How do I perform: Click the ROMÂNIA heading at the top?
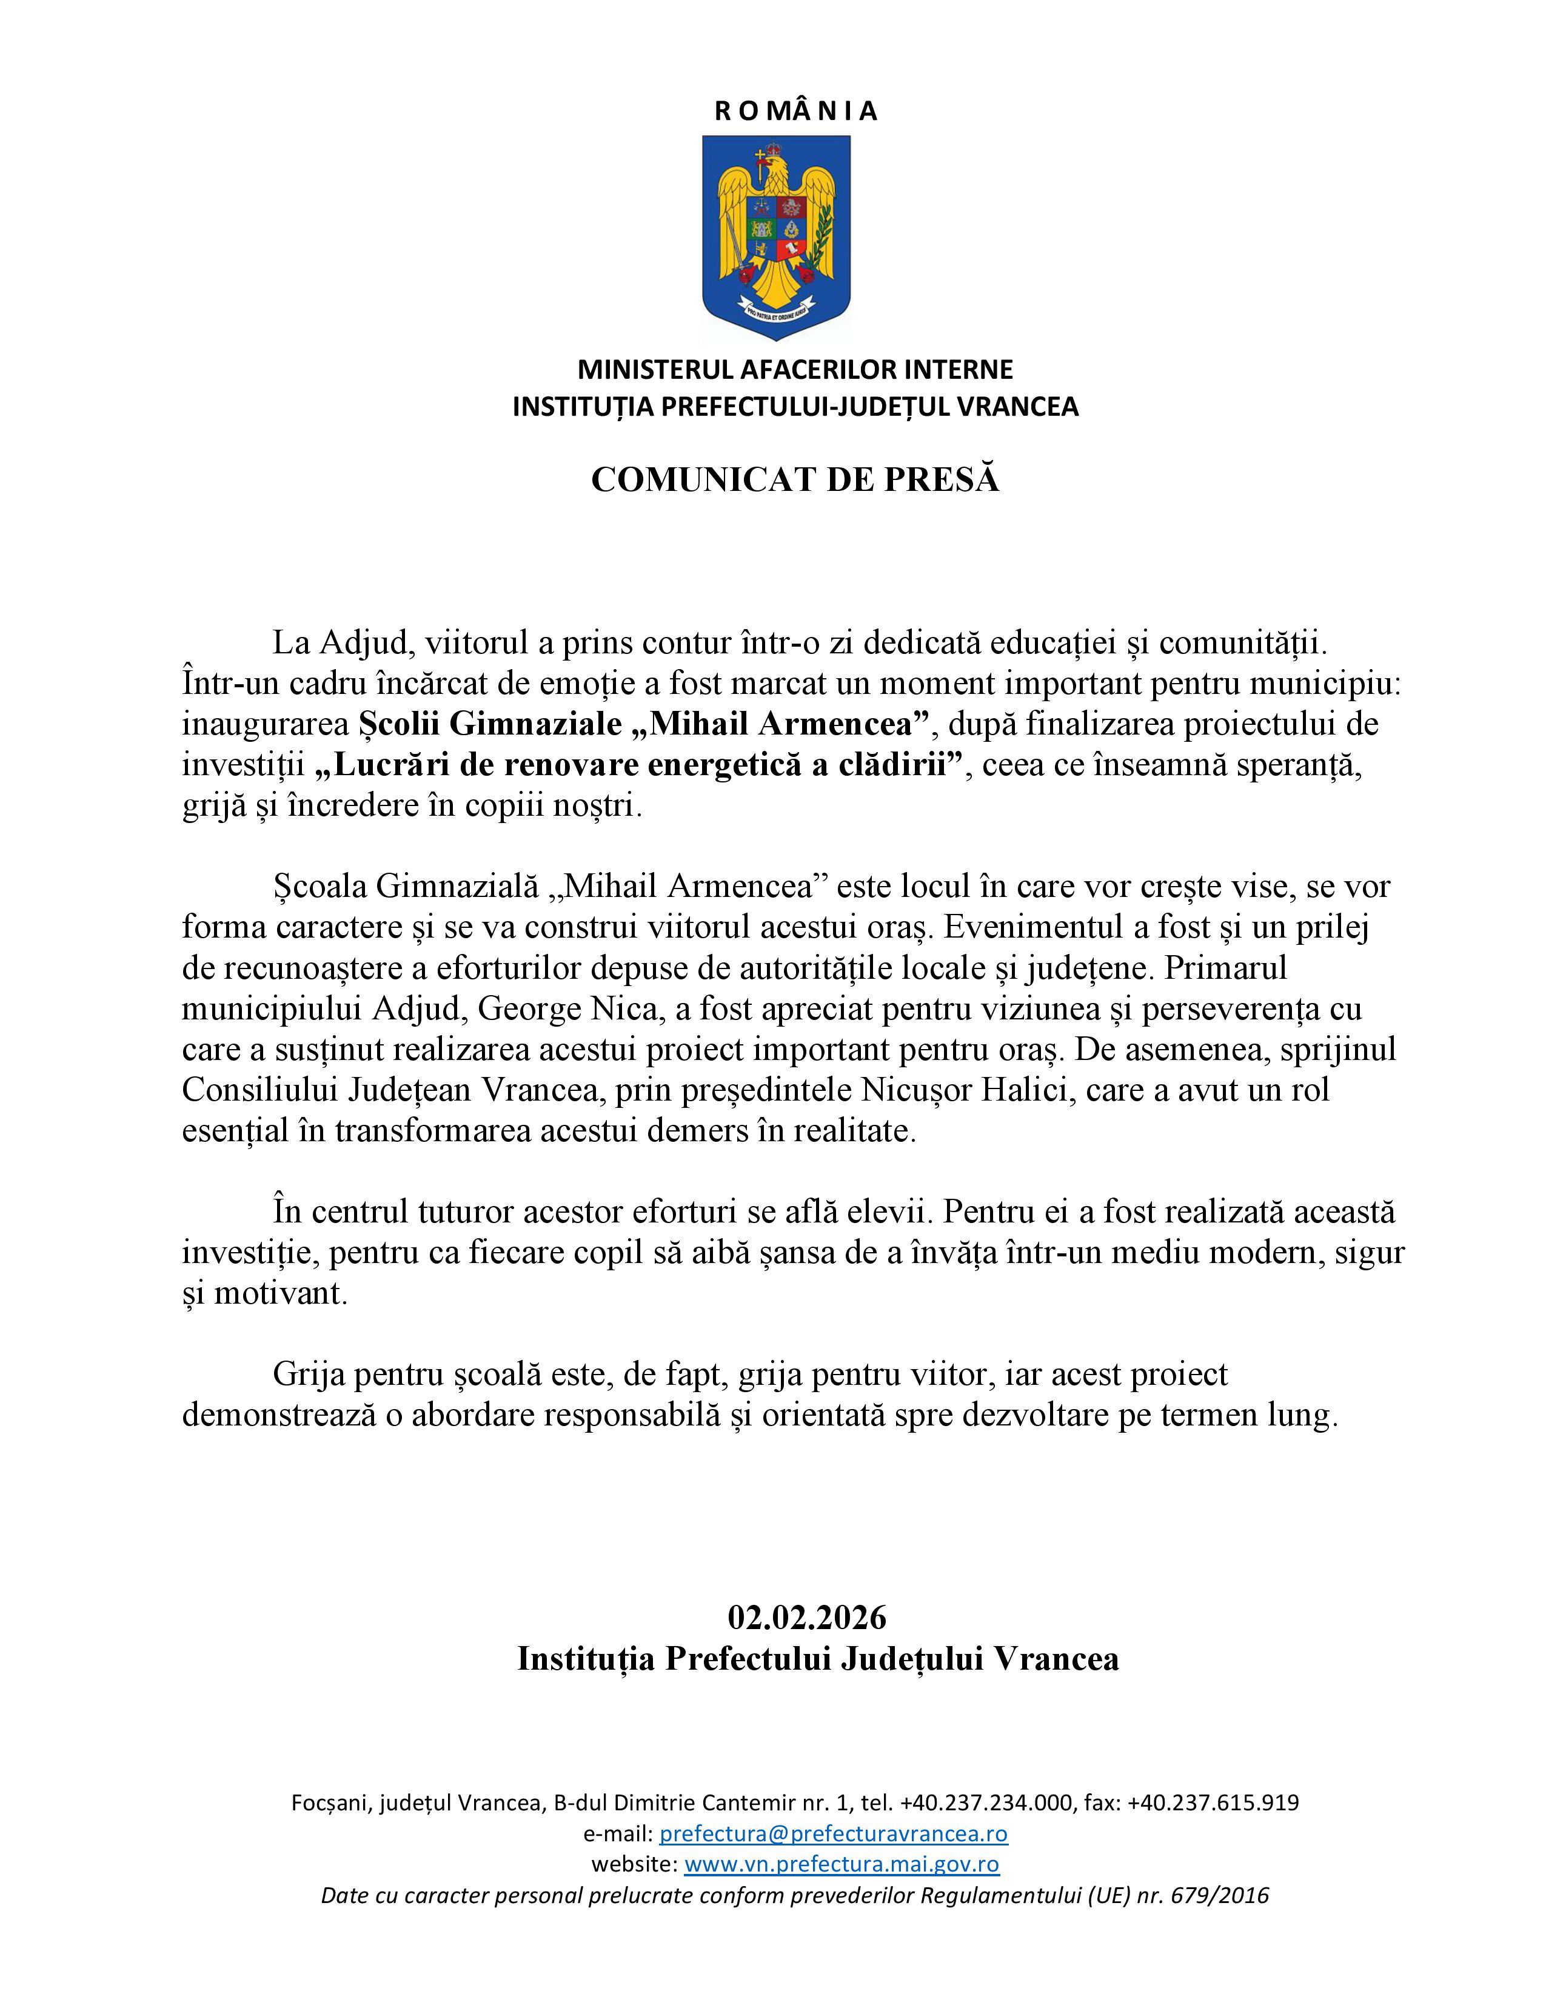[x=795, y=112]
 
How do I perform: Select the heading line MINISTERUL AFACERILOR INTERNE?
[x=795, y=369]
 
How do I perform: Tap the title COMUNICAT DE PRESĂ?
[x=795, y=480]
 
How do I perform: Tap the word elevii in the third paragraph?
[x=890, y=1212]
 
